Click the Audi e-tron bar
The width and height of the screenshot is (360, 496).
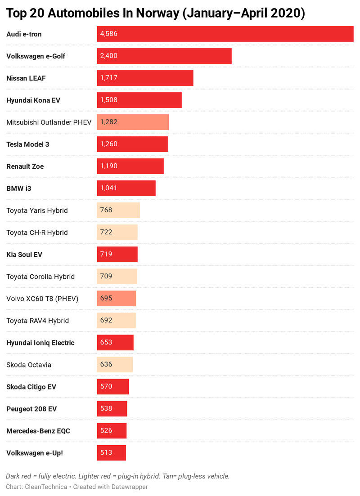pyautogui.click(x=225, y=34)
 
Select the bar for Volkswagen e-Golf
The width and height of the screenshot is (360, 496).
pyautogui.click(x=164, y=56)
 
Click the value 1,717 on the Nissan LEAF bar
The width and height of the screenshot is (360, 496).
pyautogui.click(x=109, y=78)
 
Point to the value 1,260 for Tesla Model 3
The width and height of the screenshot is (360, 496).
pyautogui.click(x=109, y=144)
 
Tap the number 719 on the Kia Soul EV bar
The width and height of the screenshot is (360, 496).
pyautogui.click(x=106, y=254)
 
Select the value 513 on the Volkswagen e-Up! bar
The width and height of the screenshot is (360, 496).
pyautogui.click(x=106, y=452)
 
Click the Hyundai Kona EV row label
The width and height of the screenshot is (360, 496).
pyautogui.click(x=33, y=100)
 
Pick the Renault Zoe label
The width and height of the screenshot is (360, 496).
pyautogui.click(x=25, y=166)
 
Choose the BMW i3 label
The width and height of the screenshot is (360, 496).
pyautogui.click(x=19, y=188)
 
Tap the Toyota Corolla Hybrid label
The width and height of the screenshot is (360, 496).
pyautogui.click(x=40, y=276)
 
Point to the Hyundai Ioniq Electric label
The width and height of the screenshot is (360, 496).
pyautogui.click(x=40, y=342)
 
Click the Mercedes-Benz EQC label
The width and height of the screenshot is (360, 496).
pyautogui.click(x=38, y=430)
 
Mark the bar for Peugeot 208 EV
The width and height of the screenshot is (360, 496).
pyautogui.click(x=112, y=408)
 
